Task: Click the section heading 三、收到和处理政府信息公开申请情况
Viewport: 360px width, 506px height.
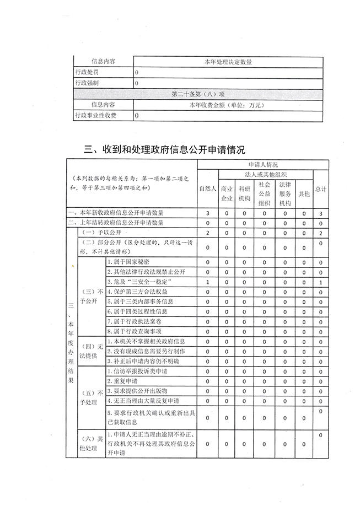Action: point(164,149)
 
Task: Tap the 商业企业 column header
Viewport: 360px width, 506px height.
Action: point(227,193)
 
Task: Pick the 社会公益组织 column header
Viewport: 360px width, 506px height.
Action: point(264,192)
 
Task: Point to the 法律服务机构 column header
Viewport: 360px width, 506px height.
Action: point(284,192)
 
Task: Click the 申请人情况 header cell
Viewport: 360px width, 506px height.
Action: point(263,164)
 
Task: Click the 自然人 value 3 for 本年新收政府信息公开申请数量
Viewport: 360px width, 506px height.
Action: point(207,213)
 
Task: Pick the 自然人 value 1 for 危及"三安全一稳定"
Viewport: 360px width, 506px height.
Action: point(207,282)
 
